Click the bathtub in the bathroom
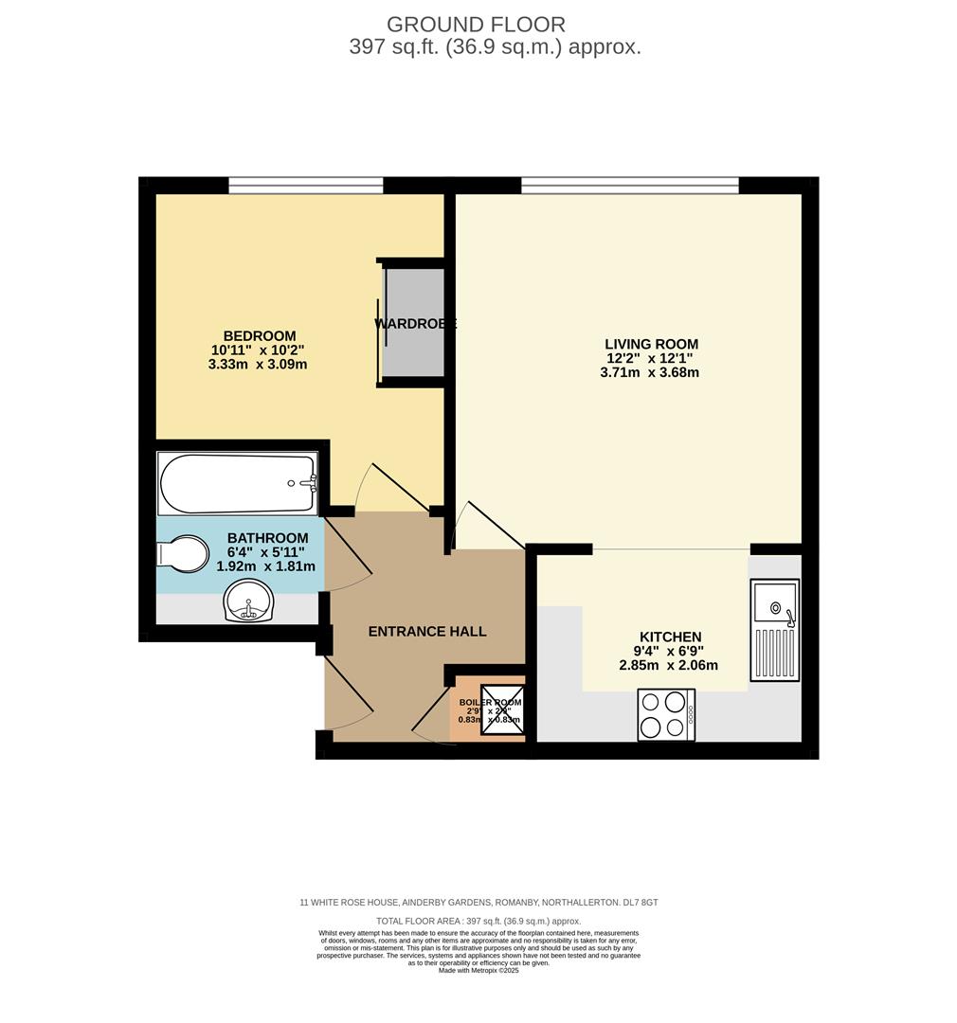coord(237,484)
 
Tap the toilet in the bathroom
coord(184,554)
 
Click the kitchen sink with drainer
coord(774,630)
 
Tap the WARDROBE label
coord(415,324)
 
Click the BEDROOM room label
coord(259,335)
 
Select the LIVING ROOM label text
coord(651,344)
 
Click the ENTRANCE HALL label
coord(426,631)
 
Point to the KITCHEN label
coord(670,637)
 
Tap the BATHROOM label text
coord(267,538)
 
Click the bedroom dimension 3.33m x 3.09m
coord(258,364)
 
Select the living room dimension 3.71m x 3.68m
coord(649,372)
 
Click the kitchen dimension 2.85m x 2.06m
coord(668,665)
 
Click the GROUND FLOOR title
coord(476,25)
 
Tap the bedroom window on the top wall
coord(305,186)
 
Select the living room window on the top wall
coord(629,186)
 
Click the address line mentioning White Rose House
coord(478,903)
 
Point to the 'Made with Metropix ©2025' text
coord(478,970)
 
